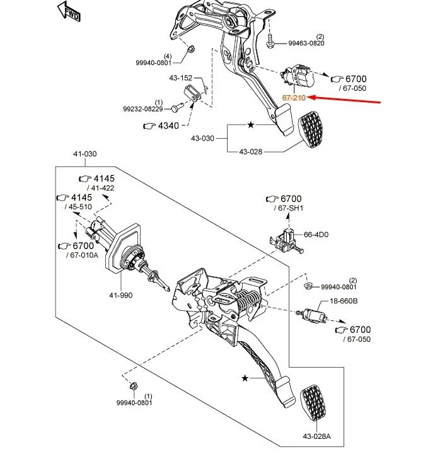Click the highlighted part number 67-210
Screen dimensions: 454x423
click(x=294, y=98)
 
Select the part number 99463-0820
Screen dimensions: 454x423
click(x=306, y=44)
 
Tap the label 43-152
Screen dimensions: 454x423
click(x=180, y=78)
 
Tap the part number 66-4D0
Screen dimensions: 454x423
click(x=316, y=234)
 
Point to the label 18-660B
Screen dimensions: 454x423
click(x=344, y=301)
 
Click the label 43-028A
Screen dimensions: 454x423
click(x=317, y=436)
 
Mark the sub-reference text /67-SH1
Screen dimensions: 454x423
click(x=288, y=208)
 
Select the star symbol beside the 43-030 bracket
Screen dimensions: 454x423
click(x=250, y=125)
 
